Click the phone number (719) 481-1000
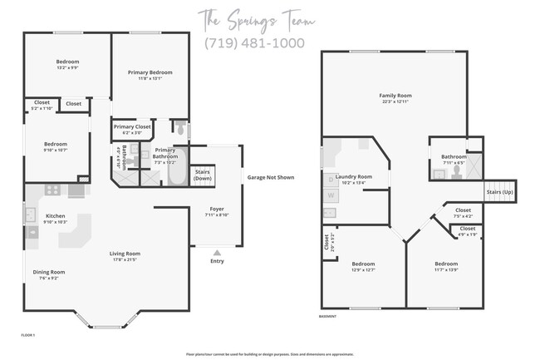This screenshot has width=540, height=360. point(254,43)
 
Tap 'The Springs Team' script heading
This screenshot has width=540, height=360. point(254,17)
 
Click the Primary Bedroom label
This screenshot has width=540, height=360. point(150,73)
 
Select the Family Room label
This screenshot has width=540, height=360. point(395,96)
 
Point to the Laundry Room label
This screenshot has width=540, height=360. point(353,176)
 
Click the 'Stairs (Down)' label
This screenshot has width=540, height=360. point(204,176)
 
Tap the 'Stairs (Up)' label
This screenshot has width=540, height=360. point(498,191)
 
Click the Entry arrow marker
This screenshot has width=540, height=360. point(217,251)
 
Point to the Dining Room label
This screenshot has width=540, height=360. point(48,271)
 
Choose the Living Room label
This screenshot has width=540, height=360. point(125,253)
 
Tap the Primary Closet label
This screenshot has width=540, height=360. point(132,126)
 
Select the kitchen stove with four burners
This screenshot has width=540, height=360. point(52,190)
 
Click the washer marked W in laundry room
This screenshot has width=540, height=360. point(331,195)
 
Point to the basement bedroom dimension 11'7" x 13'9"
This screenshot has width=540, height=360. point(445,269)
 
